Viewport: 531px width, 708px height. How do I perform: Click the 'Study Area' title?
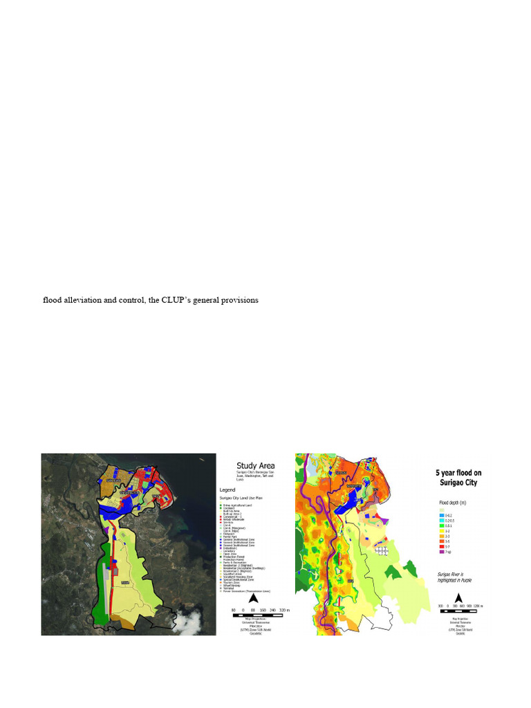pyautogui.click(x=255, y=466)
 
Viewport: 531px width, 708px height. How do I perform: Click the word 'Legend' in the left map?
pyautogui.click(x=230, y=487)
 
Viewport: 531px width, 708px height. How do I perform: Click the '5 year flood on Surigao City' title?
pyautogui.click(x=458, y=477)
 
